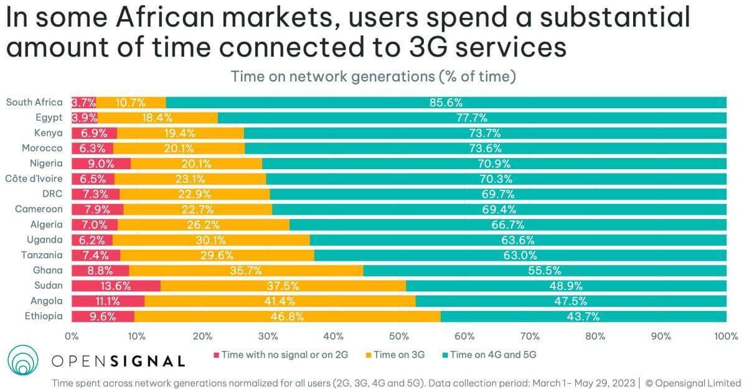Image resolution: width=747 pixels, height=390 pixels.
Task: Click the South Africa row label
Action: pyautogui.click(x=34, y=102)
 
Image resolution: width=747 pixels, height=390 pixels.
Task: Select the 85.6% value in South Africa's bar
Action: pyautogui.click(x=446, y=103)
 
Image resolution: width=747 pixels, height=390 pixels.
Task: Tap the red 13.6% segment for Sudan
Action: pyautogui.click(x=116, y=286)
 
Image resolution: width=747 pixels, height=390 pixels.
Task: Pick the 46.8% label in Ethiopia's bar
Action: pyautogui.click(x=288, y=317)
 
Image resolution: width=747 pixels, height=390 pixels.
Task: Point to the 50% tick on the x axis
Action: pyautogui.click(x=399, y=337)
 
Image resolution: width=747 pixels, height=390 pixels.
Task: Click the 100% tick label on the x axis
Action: pyautogui.click(x=725, y=337)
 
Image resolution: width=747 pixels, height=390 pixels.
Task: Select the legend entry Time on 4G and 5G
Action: pyautogui.click(x=492, y=355)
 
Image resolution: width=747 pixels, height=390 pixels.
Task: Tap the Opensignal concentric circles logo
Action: pyautogui.click(x=25, y=360)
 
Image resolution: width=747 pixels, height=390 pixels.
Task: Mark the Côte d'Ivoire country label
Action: pyautogui.click(x=32, y=179)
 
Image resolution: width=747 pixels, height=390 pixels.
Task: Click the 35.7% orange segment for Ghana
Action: pyautogui.click(x=246, y=271)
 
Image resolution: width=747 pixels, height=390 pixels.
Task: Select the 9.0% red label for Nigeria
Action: pyautogui.click(x=101, y=164)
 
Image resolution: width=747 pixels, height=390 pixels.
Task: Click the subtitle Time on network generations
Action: pyautogui.click(x=374, y=77)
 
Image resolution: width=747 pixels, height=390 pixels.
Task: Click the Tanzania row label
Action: pyautogui.click(x=41, y=255)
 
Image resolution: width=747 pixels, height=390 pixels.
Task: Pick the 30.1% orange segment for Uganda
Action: pyautogui.click(x=211, y=240)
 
